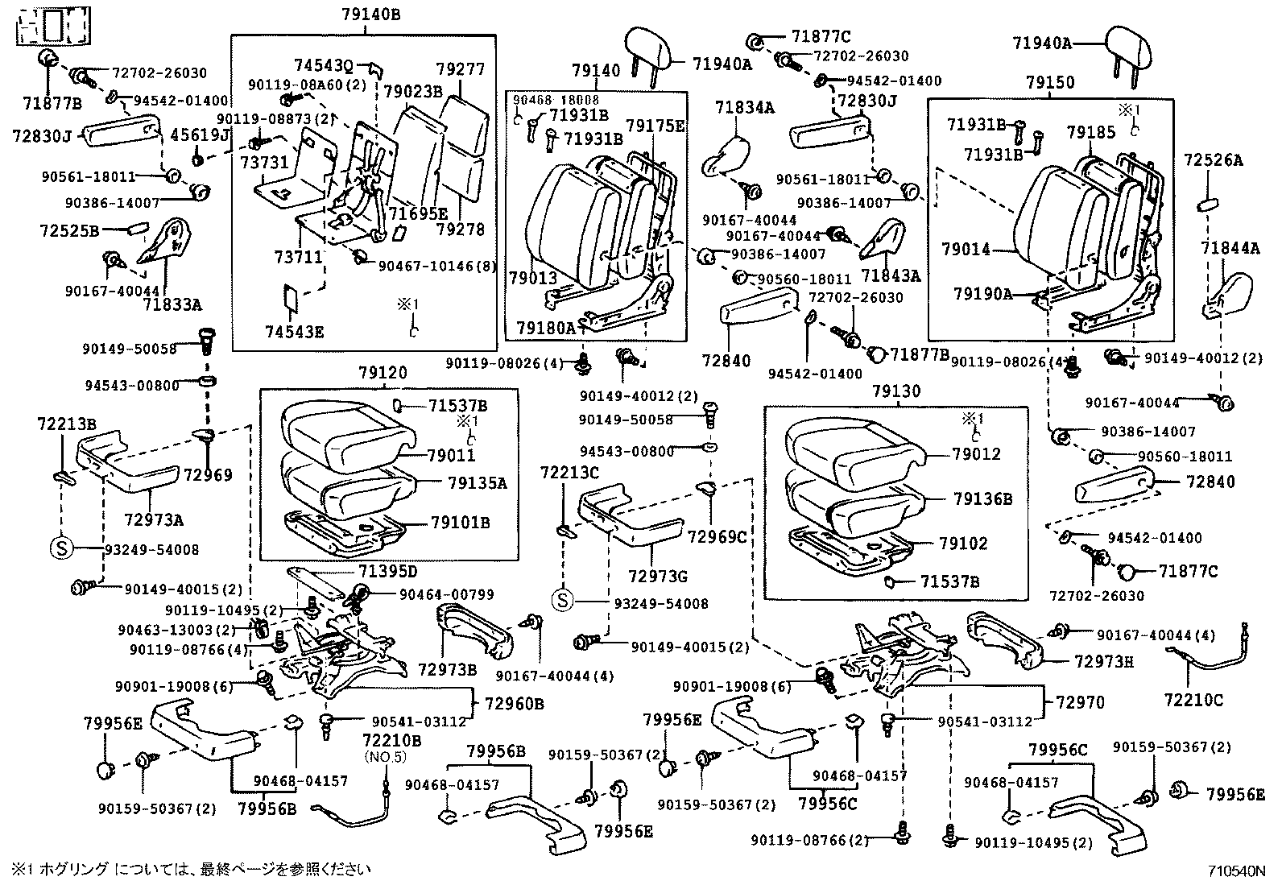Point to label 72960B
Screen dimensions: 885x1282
pos(514,703)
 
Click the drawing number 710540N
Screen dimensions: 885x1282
pos(1235,871)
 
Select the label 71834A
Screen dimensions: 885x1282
pos(745,107)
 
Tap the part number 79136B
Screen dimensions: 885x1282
pos(982,499)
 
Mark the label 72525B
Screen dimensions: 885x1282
pos(69,231)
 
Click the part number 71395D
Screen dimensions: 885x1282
pos(388,572)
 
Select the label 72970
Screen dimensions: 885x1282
pos(1079,703)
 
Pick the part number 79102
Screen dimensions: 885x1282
pos(963,544)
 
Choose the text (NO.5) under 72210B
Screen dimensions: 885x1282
pos(386,757)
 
